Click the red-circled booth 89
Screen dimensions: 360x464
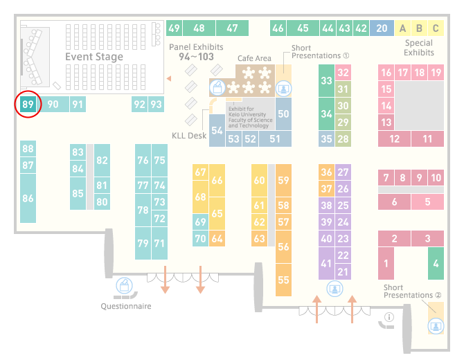coord(28,105)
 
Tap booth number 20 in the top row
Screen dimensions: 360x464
coord(382,28)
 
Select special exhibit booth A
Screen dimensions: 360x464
coord(402,28)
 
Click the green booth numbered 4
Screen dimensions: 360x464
coord(435,263)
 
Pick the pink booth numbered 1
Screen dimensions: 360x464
coord(386,263)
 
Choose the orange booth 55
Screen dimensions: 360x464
coord(283,280)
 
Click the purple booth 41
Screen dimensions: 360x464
coord(326,264)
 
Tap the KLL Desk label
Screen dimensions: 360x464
coord(189,136)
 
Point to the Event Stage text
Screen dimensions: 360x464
coord(94,57)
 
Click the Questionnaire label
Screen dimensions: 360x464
coord(126,305)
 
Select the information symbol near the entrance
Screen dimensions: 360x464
coord(389,318)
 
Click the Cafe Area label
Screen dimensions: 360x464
coord(254,59)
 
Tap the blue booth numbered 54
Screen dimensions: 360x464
coord(217,130)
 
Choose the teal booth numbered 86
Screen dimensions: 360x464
coord(28,198)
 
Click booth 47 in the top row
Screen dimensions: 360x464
coord(232,28)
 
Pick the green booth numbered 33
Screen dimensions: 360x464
coord(326,81)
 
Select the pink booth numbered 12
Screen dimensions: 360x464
coord(395,138)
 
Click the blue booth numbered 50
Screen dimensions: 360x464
coord(283,113)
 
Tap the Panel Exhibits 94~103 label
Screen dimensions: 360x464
coord(196,51)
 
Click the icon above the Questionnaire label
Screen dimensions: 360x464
coord(124,285)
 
